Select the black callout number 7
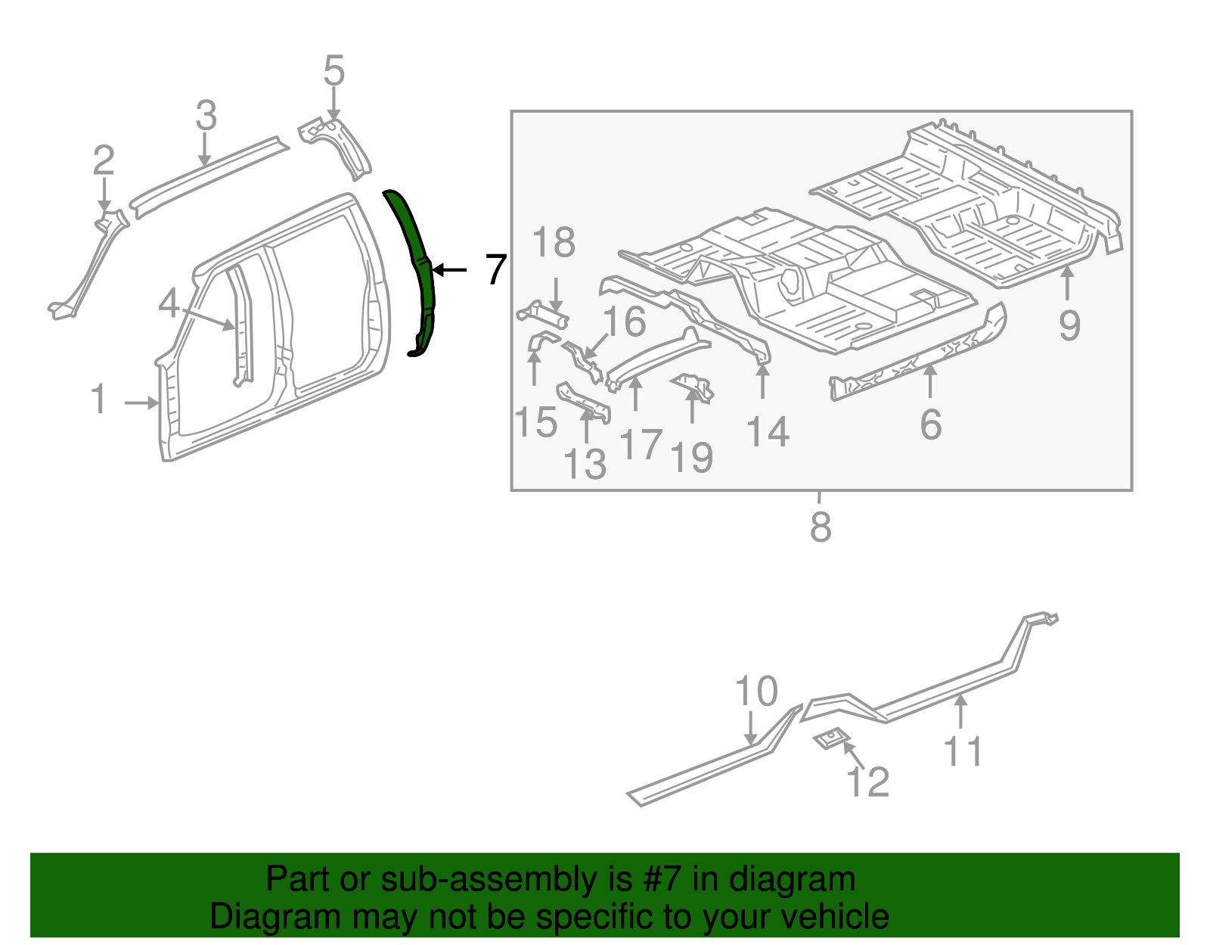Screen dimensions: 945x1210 click(495, 269)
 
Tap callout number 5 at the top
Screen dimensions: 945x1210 click(334, 71)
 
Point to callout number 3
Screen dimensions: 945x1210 click(206, 116)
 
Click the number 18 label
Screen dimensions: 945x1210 click(554, 243)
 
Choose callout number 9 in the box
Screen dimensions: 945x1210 click(1069, 325)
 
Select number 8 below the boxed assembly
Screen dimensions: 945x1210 click(821, 527)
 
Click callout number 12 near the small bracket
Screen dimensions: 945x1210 click(867, 782)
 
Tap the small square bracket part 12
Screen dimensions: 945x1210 click(831, 738)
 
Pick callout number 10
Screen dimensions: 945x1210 click(756, 692)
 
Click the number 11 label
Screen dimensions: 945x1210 click(963, 751)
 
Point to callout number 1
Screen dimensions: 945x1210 click(99, 399)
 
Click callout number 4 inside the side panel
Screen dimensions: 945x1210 click(169, 304)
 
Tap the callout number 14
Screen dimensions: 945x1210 click(768, 432)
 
